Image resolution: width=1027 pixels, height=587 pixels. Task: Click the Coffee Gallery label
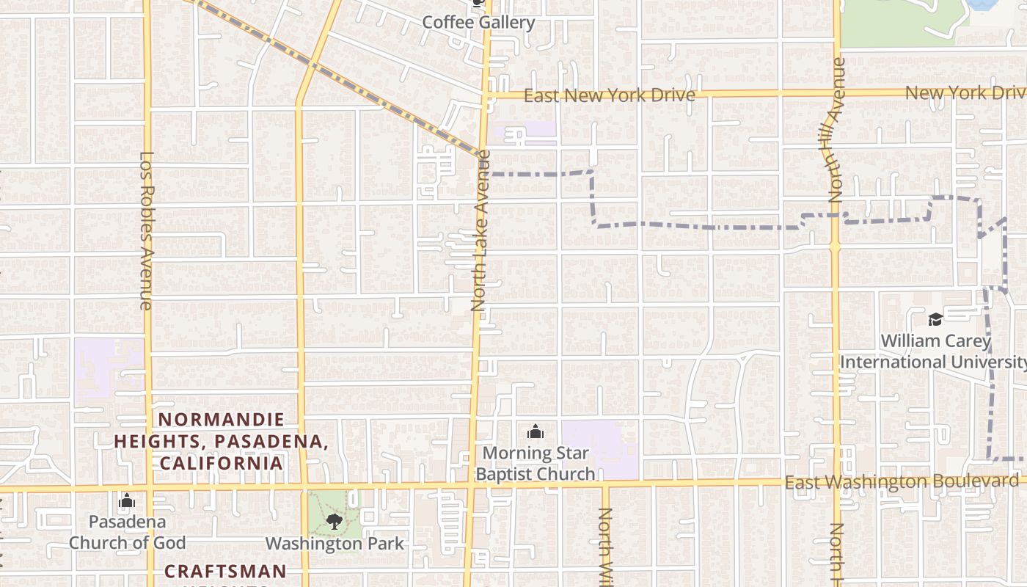tap(478, 22)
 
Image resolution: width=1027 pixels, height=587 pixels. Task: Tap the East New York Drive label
tap(609, 95)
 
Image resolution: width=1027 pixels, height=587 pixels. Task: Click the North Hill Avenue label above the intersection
tap(837, 130)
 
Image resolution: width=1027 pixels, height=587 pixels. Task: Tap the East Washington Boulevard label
tap(902, 481)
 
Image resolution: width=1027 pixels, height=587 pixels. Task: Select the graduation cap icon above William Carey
tap(935, 319)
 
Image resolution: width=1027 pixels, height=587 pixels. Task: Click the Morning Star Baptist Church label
tap(536, 463)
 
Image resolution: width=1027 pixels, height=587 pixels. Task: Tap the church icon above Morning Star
tap(536, 431)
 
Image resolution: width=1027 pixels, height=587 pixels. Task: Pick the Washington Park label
tap(335, 544)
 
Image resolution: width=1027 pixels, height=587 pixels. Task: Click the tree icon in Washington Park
tap(335, 522)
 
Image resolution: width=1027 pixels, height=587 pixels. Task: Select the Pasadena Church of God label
tap(127, 532)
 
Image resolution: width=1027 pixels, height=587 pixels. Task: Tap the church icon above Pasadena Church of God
tap(127, 502)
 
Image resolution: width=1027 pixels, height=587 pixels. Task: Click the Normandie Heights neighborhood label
tap(222, 441)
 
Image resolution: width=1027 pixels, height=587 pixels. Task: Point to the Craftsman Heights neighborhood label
tap(225, 572)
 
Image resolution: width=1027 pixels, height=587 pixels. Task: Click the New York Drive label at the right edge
tap(965, 93)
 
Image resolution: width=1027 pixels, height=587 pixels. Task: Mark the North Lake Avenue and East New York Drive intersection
tap(487, 95)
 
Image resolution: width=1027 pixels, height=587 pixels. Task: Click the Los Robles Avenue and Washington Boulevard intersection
tap(149, 488)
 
